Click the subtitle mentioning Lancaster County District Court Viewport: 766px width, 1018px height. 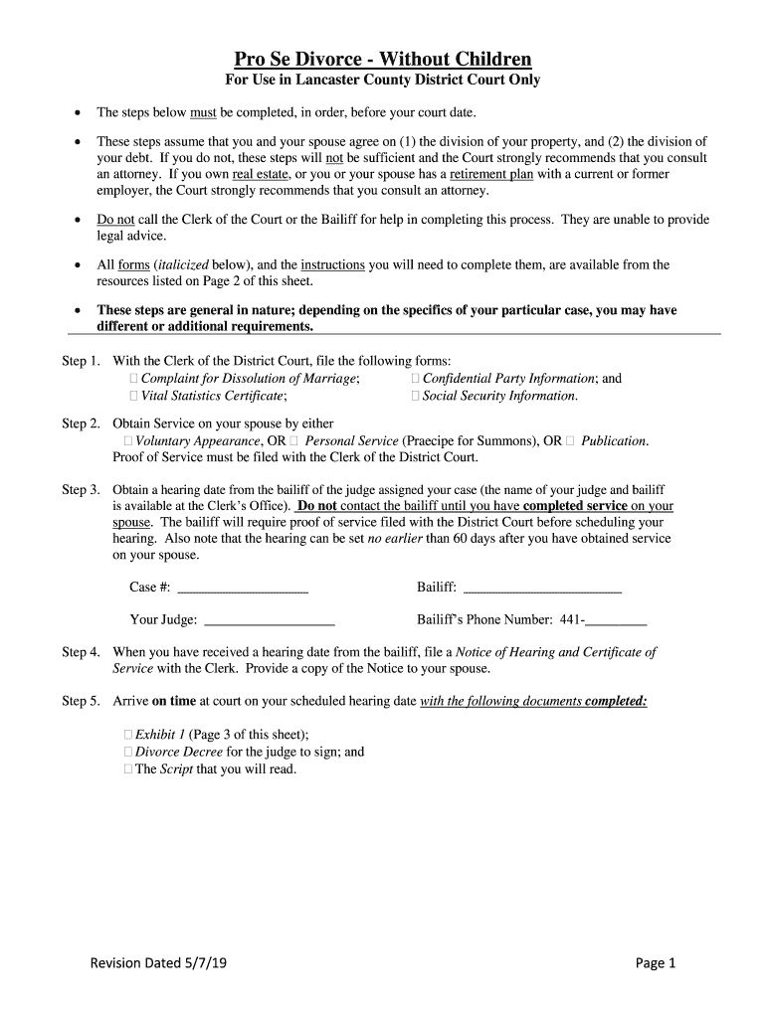(x=383, y=80)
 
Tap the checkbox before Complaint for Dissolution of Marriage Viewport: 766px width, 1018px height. (x=134, y=379)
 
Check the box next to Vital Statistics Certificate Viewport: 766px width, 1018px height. (x=134, y=396)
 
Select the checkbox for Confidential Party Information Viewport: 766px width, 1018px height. (x=416, y=379)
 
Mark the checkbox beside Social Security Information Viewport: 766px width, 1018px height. (x=416, y=396)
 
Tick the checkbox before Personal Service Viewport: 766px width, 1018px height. (x=294, y=440)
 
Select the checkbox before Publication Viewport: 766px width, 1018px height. (x=570, y=440)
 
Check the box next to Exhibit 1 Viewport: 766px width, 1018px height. (x=128, y=735)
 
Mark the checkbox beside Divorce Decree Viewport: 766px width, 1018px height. (x=128, y=752)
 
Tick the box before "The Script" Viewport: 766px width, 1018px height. (x=128, y=768)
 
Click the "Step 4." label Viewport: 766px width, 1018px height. (x=81, y=652)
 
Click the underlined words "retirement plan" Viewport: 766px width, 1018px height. (x=491, y=174)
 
